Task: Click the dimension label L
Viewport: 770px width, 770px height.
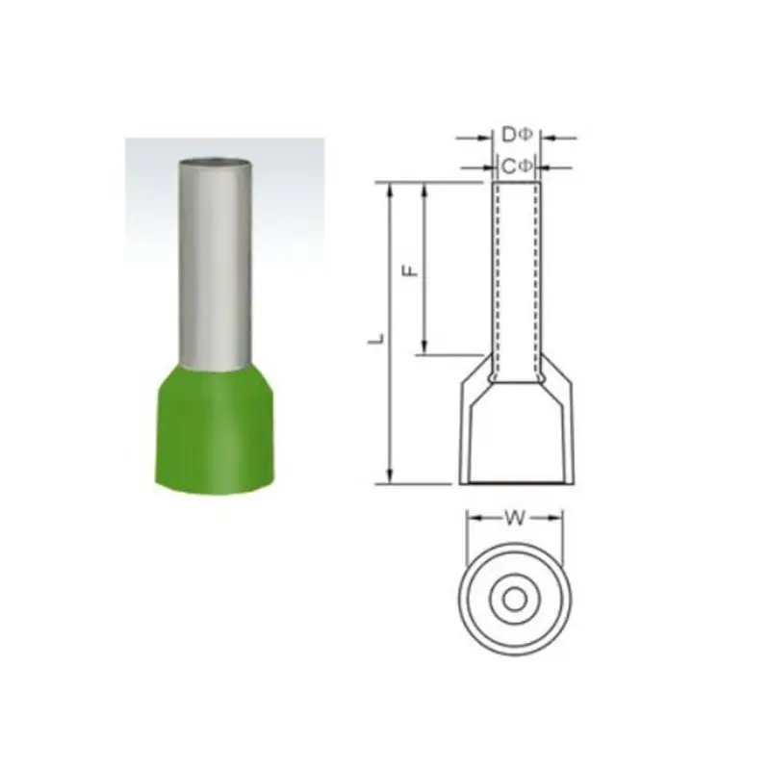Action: coord(376,340)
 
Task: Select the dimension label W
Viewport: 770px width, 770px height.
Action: coord(515,518)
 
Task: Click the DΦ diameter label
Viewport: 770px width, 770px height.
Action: coord(517,135)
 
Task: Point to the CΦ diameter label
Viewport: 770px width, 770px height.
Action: coord(517,167)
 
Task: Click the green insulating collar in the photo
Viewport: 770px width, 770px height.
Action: coord(215,432)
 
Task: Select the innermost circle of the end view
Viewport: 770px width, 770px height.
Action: coord(515,600)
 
